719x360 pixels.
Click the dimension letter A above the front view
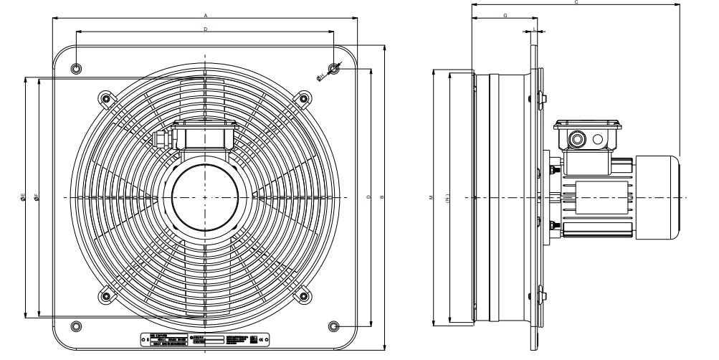click(x=206, y=14)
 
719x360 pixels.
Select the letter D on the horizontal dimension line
click(x=206, y=29)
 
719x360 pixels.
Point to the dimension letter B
click(x=383, y=196)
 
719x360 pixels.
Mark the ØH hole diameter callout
click(x=322, y=77)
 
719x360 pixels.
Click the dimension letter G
click(x=505, y=14)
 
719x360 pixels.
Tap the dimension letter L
click(x=535, y=29)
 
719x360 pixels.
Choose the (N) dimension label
click(x=447, y=196)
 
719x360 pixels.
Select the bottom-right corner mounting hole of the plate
click(x=333, y=326)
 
